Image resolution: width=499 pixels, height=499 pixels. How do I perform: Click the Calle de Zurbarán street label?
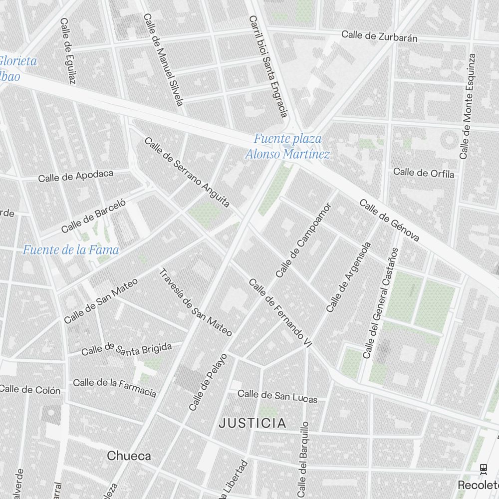pyautogui.click(x=379, y=36)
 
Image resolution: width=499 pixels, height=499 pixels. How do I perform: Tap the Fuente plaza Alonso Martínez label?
pyautogui.click(x=287, y=146)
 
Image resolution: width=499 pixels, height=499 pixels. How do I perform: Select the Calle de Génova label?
pyautogui.click(x=389, y=221)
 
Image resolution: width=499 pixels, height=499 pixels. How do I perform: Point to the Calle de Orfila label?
pyautogui.click(x=424, y=173)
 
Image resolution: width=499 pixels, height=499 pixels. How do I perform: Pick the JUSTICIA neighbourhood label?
pyautogui.click(x=253, y=424)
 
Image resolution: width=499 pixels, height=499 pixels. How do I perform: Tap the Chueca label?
pyautogui.click(x=129, y=456)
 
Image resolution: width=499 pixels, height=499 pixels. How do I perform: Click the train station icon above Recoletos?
pyautogui.click(x=483, y=469)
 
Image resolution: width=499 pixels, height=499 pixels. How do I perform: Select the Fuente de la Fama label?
pyautogui.click(x=71, y=249)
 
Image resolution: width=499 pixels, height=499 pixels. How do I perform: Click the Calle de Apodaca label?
pyautogui.click(x=76, y=176)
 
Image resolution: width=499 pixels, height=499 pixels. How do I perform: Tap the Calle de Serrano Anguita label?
pyautogui.click(x=187, y=172)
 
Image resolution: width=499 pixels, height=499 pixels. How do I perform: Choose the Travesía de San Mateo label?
pyautogui.click(x=195, y=302)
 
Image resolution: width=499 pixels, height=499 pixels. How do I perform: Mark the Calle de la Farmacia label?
pyautogui.click(x=114, y=387)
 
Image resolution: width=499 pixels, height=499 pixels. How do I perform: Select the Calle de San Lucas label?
pyautogui.click(x=277, y=396)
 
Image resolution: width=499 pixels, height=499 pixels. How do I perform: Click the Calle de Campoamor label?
pyautogui.click(x=303, y=240)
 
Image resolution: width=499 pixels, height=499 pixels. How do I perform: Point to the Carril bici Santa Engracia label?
pyautogui.click(x=268, y=66)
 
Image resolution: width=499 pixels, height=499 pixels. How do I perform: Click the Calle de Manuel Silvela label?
pyautogui.click(x=164, y=59)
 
